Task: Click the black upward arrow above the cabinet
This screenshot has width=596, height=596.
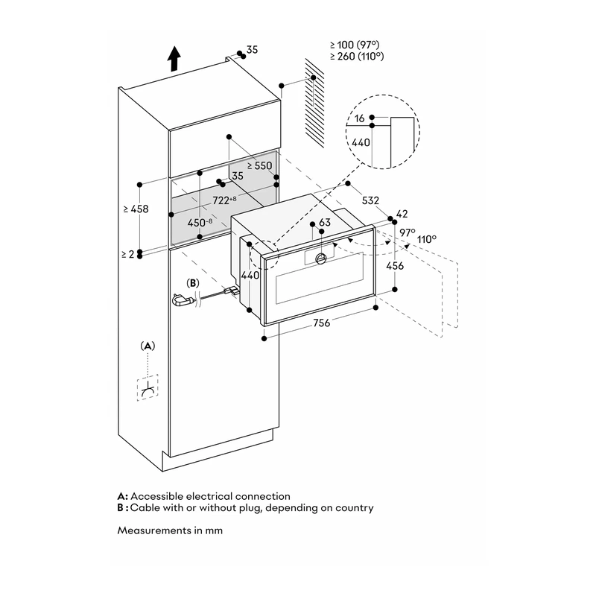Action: [x=174, y=59]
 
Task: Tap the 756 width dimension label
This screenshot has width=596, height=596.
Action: [x=322, y=323]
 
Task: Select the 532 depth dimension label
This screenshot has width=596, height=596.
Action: [x=370, y=200]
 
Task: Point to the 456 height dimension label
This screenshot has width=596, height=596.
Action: [x=395, y=266]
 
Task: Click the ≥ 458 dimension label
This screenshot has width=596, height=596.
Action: [x=136, y=209]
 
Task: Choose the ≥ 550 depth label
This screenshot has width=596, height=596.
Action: [x=259, y=165]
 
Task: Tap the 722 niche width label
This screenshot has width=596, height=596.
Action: [x=224, y=200]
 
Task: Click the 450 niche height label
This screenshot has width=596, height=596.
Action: [x=200, y=222]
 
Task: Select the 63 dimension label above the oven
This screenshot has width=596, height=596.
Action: [x=325, y=222]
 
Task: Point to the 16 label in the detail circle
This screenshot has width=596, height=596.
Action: [x=360, y=118]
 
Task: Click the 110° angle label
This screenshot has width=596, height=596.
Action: [x=427, y=239]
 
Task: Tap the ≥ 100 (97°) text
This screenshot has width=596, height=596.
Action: [x=355, y=45]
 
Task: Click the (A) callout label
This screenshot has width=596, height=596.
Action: [x=148, y=346]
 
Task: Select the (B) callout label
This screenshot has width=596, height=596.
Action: [x=193, y=283]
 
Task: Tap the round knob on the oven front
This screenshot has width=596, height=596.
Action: [x=322, y=259]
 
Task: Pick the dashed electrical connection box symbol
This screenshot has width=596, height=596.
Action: [x=148, y=387]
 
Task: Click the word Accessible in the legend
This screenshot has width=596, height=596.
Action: [x=156, y=496]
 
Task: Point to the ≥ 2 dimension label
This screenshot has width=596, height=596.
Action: [x=128, y=254]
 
